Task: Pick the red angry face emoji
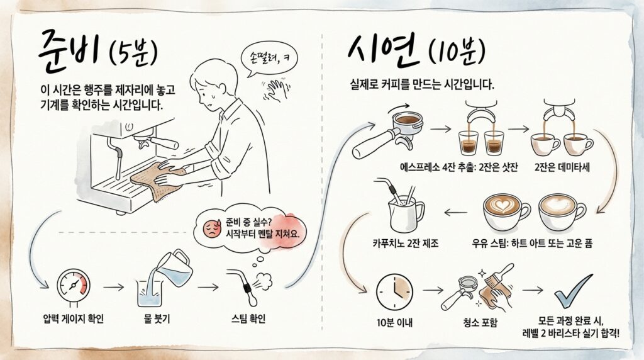coord(211,227)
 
